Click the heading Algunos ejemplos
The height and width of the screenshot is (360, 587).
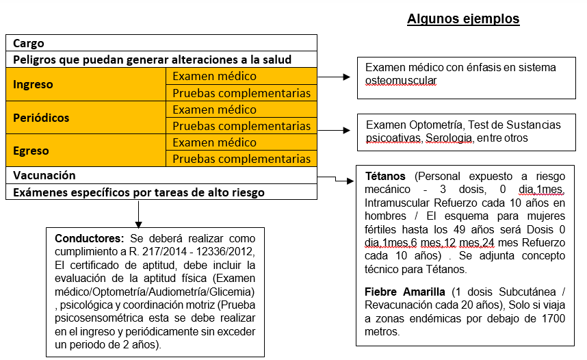[463, 19]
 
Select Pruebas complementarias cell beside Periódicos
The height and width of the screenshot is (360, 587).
[241, 126]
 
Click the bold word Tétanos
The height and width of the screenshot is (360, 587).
[385, 177]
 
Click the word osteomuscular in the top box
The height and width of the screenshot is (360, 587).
[401, 80]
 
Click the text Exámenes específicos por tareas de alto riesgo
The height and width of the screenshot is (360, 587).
[139, 192]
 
